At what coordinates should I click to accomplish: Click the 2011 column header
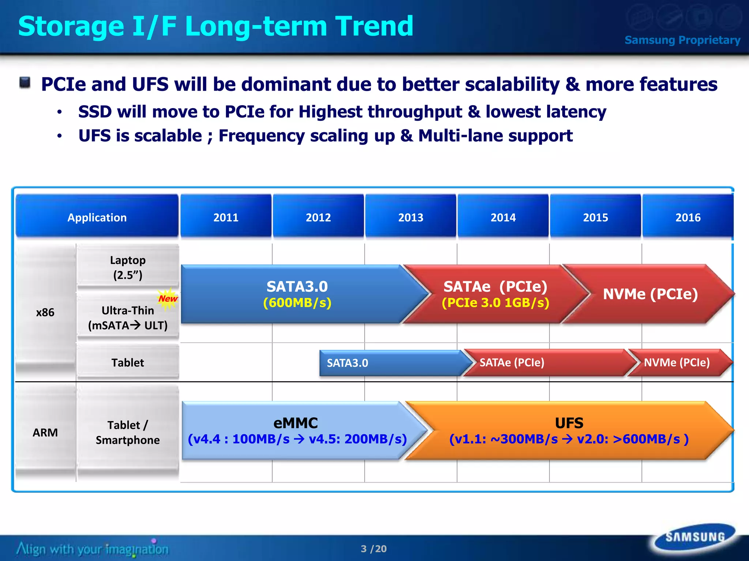pyautogui.click(x=226, y=217)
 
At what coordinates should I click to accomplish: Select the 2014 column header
pyautogui.click(x=503, y=217)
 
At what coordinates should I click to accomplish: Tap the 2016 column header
pyautogui.click(x=688, y=217)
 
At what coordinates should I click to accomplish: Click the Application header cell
pyautogui.click(x=97, y=217)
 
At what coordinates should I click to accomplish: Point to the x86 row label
pyautogui.click(x=45, y=312)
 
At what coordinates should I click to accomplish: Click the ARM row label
pyautogui.click(x=45, y=432)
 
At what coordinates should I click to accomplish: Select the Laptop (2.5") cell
pyautogui.click(x=128, y=267)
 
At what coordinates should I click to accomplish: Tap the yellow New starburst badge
pyautogui.click(x=168, y=298)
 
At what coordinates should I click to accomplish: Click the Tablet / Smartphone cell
pyautogui.click(x=128, y=432)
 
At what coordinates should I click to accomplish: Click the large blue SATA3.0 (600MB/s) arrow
pyautogui.click(x=297, y=294)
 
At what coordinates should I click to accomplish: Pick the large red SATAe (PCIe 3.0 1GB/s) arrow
pyautogui.click(x=496, y=294)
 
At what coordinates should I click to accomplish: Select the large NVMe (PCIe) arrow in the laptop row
pyautogui.click(x=650, y=294)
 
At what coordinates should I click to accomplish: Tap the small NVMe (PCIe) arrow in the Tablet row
pyautogui.click(x=677, y=363)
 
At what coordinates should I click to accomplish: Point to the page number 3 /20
pyautogui.click(x=373, y=549)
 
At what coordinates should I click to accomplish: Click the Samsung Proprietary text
pyautogui.click(x=682, y=40)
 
